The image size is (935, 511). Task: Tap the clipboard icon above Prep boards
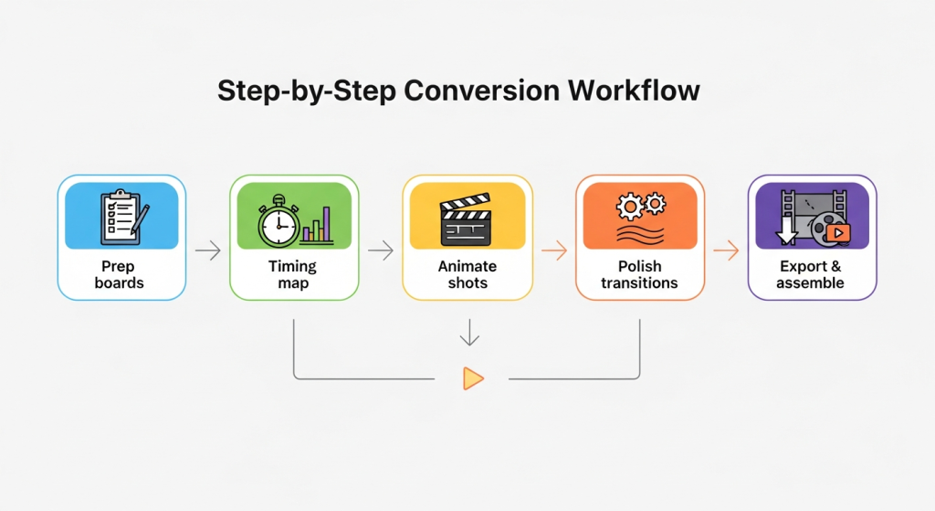click(x=121, y=216)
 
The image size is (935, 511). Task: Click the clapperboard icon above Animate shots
click(x=466, y=219)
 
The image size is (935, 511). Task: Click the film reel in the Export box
click(x=824, y=229)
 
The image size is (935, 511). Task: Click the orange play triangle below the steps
click(x=472, y=378)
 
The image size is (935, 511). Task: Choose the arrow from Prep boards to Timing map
click(x=207, y=250)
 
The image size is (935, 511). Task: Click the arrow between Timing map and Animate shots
click(x=380, y=250)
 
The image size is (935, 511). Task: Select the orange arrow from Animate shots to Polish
click(x=553, y=250)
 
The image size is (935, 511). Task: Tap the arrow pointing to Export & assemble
click(x=726, y=250)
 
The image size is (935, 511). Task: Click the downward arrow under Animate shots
click(x=468, y=333)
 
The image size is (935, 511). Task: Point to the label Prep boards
click(x=120, y=274)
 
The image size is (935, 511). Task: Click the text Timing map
click(x=293, y=274)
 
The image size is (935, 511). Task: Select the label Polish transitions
click(x=639, y=274)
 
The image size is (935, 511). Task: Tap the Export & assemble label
click(x=811, y=274)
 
